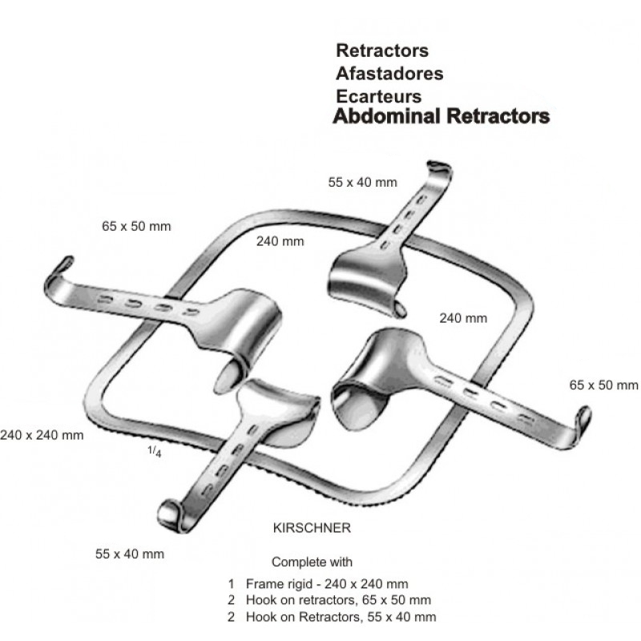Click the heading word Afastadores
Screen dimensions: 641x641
(389, 73)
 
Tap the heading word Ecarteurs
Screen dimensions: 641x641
(379, 95)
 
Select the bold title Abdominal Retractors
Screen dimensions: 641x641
(441, 117)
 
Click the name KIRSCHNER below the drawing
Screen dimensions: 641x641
(312, 529)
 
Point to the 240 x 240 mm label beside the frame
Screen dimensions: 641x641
(42, 435)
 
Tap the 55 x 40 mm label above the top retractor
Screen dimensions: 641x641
(362, 182)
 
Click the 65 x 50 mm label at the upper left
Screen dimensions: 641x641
(135, 225)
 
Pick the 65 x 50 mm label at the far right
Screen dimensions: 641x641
(603, 385)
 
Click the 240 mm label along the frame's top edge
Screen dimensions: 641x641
(280, 241)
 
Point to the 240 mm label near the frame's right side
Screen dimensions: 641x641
(463, 318)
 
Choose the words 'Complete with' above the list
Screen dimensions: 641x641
(312, 562)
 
